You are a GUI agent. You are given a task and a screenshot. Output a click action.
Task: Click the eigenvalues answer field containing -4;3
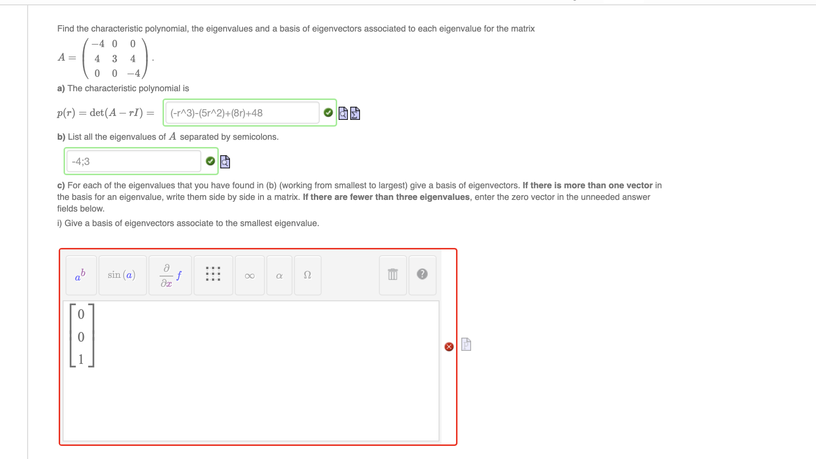133,161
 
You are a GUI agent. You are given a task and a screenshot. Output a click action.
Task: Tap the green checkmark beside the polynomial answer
328,113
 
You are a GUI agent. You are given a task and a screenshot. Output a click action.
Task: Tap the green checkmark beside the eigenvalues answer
210,161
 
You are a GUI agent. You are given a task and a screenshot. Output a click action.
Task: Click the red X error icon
449,346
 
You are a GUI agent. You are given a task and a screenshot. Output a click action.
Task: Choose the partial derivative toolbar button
170,276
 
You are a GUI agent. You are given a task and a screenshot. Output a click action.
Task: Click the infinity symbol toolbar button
250,276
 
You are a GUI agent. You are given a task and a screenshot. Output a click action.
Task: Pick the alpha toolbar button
279,276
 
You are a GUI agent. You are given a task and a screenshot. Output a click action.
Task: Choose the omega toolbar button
307,275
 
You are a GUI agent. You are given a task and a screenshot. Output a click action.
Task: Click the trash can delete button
393,275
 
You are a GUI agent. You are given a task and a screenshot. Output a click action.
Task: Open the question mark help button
422,274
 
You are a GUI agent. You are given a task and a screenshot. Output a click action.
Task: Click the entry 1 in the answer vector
81,359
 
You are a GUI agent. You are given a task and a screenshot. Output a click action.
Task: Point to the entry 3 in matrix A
114,59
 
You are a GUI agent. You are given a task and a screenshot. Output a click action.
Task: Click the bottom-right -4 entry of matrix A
133,73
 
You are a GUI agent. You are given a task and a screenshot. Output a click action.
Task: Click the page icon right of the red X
466,344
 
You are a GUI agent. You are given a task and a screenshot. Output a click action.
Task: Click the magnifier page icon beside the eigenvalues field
225,162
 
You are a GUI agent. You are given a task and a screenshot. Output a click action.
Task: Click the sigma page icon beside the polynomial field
355,113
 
